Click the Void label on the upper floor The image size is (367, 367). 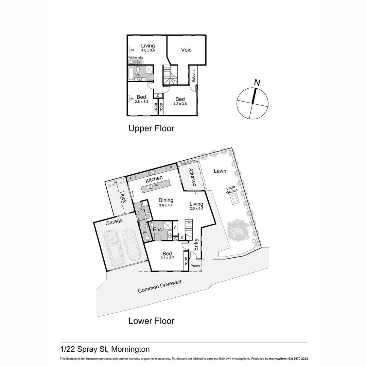coord(186,50)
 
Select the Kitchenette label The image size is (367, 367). coord(136,58)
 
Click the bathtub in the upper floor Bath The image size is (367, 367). coord(132,73)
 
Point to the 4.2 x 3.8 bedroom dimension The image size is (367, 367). coord(180,104)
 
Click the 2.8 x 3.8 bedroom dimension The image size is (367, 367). coord(141,102)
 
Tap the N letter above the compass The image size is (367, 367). coord(257,82)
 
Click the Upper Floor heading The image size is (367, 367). coord(151,128)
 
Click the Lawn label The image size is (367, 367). coord(220,171)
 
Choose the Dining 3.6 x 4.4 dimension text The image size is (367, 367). coord(166,205)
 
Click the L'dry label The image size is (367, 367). coord(142,211)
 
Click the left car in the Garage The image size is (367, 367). coord(113,247)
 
